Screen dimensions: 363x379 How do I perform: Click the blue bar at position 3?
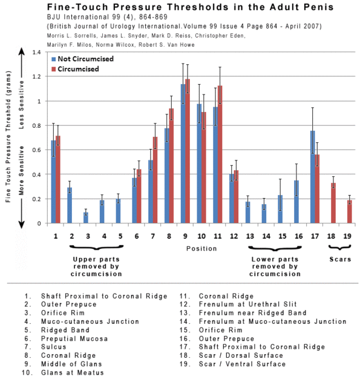pos(86,218)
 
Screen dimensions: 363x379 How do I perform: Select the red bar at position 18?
pos(333,203)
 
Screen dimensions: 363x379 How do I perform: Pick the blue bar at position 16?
pos(296,202)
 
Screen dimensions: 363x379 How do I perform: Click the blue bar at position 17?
pos(313,177)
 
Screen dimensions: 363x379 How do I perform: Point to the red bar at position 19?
pos(350,211)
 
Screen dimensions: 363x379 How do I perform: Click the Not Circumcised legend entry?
pos(83,59)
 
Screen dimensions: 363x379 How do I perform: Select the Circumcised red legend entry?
pos(76,69)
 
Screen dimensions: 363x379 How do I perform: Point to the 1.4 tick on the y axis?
pos(37,52)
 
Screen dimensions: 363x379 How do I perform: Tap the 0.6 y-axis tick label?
pos(37,150)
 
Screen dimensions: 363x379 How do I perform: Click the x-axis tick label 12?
pos(234,236)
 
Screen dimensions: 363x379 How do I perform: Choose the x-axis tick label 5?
pos(120,236)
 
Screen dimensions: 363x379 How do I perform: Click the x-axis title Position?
pos(201,248)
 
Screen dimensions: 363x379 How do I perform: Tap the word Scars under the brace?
pos(340,259)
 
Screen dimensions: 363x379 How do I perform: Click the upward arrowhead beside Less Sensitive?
pos(22,51)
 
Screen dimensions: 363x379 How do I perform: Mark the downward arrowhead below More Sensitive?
pos(22,224)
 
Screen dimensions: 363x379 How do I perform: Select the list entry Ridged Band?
pos(65,330)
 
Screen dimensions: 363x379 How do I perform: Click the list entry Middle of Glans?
pos(71,364)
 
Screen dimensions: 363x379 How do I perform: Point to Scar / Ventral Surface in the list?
pos(242,364)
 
